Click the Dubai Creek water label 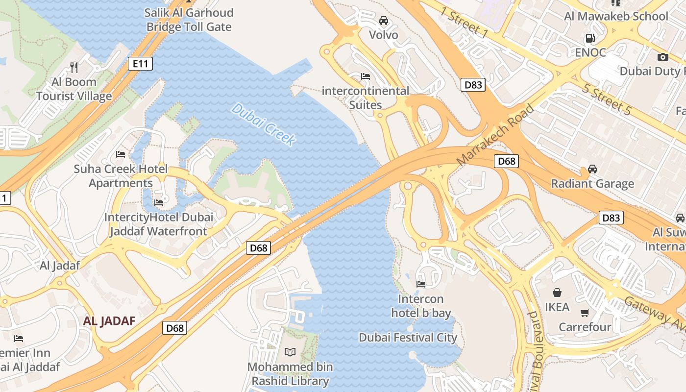264,124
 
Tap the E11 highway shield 140,63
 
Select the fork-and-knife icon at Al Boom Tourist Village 74,67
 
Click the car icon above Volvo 384,21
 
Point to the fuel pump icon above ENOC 590,38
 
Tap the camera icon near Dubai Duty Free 662,57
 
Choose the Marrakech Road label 495,134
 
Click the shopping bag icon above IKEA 557,293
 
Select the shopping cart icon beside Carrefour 585,313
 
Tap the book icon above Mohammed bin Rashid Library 290,352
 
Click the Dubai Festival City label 408,338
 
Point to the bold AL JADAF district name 109,321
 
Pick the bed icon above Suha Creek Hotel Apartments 121,154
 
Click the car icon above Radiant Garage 592,169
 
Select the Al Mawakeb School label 616,16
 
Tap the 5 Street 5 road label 607,99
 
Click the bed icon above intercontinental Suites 365,76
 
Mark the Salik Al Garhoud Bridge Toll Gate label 189,20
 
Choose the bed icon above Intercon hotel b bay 420,284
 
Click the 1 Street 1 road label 464,23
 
